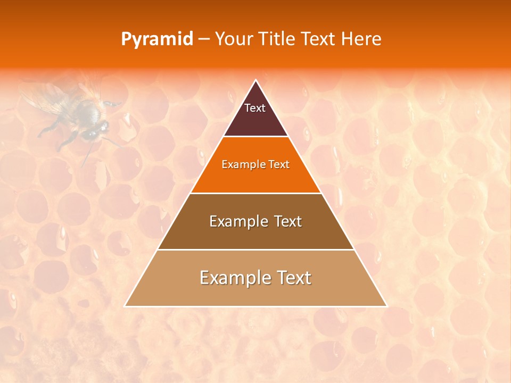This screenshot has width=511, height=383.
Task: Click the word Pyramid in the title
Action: click(157, 39)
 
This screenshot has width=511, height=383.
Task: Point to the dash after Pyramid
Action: click(204, 39)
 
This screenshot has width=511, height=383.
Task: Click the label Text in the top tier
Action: click(255, 108)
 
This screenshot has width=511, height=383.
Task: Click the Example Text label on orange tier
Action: click(256, 164)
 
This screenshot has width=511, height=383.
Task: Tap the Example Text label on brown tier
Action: click(256, 221)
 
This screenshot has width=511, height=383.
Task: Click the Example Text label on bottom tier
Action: click(256, 278)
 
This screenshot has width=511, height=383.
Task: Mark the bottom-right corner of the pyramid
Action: click(386, 306)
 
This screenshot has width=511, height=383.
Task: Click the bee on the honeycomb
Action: click(80, 114)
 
